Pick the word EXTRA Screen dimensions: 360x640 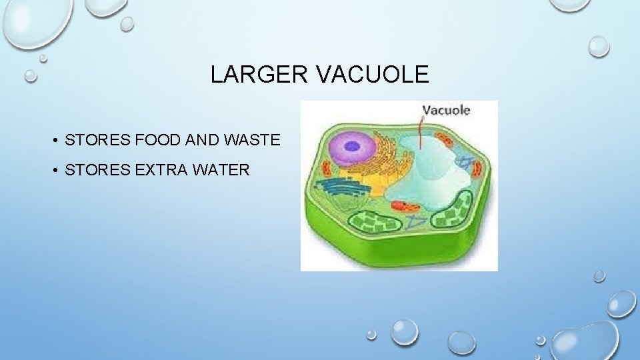pos(163,170)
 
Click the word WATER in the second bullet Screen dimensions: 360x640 pos(222,170)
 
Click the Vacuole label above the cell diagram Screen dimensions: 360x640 pos(447,111)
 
